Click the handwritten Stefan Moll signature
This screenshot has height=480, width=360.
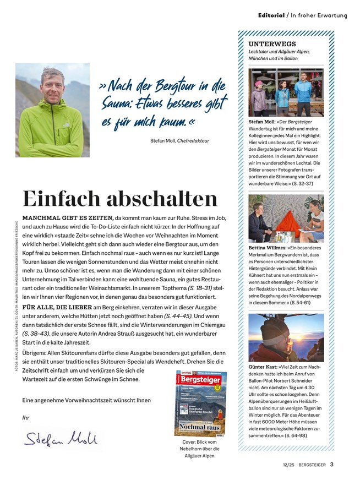[61, 438]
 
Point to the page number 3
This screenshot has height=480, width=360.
[332, 463]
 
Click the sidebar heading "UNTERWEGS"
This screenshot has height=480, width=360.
[272, 43]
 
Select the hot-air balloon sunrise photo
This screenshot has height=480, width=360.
[286, 337]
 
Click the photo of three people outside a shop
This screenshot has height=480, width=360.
[286, 92]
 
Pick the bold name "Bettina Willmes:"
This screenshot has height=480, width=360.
[267, 248]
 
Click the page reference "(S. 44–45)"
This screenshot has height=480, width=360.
[178, 316]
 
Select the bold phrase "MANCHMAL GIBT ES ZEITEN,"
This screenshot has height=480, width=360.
[67, 217]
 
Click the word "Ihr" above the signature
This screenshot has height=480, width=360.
[25, 417]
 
